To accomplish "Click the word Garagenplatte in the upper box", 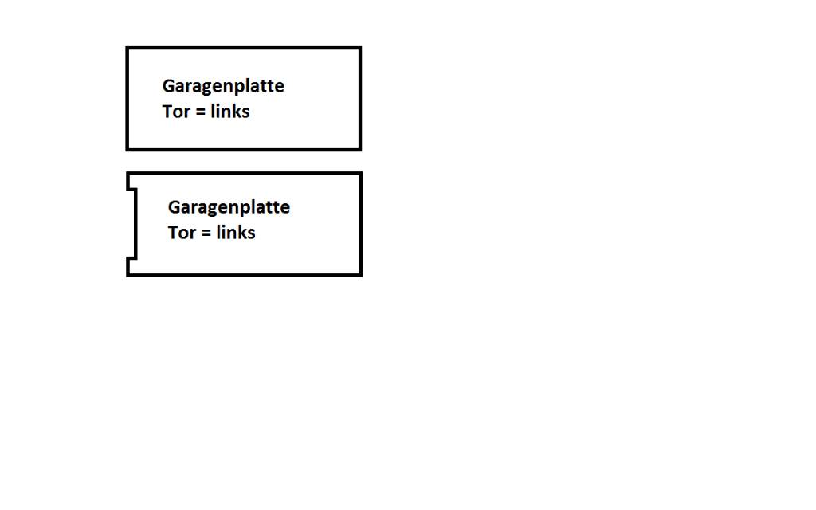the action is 223,86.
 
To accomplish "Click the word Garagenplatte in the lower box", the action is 229,208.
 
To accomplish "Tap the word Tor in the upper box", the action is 176,112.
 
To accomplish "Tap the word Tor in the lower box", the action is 182,233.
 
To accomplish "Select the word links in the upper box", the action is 230,111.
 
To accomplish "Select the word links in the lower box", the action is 236,232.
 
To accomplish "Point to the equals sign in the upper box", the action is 200,112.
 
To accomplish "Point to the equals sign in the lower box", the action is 206,233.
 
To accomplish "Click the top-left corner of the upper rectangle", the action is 127,48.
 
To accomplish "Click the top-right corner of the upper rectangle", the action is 360,48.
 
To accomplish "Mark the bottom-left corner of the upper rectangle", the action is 127,150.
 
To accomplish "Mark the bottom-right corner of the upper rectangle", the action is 360,150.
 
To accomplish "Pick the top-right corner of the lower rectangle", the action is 361,173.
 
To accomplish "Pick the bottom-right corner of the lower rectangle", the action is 361,275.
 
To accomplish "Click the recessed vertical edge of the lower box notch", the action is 135,224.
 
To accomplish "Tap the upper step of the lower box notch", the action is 131,190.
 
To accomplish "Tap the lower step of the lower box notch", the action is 131,257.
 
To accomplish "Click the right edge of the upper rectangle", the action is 360,99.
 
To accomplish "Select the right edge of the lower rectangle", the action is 361,224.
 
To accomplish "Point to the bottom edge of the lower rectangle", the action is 244,275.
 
